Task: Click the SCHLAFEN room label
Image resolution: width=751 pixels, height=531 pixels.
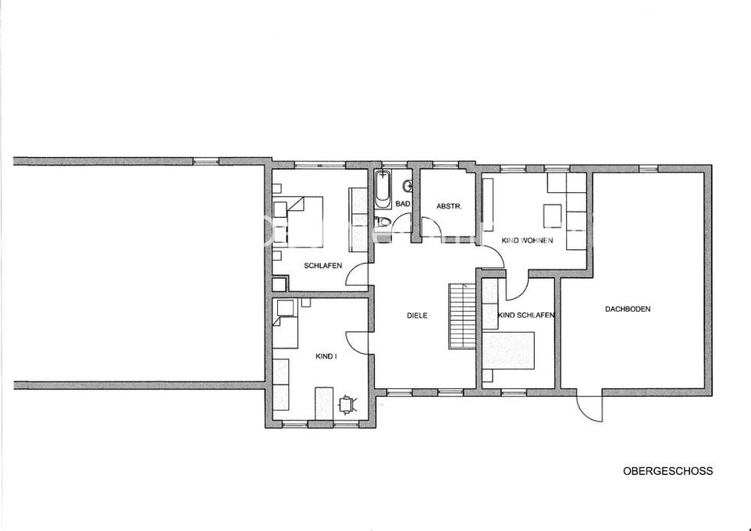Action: click(x=323, y=265)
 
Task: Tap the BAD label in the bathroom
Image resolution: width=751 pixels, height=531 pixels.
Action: click(x=403, y=204)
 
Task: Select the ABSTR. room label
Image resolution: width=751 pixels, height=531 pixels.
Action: click(x=449, y=207)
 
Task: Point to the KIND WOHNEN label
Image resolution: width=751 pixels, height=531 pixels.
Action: click(x=527, y=240)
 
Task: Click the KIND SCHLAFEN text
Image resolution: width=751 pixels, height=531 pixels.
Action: click(x=526, y=315)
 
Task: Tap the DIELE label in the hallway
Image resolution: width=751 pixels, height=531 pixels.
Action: click(x=417, y=315)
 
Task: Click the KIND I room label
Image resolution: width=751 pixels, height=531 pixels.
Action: click(x=326, y=356)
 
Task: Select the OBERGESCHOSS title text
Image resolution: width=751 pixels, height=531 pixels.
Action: click(x=667, y=471)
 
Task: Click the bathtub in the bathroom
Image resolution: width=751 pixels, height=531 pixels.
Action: click(x=383, y=188)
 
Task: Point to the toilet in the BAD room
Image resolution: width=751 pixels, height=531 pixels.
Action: click(x=383, y=221)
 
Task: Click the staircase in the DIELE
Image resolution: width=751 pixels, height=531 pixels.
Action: click(x=462, y=316)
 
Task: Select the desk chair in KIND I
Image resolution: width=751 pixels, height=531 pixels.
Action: click(x=347, y=404)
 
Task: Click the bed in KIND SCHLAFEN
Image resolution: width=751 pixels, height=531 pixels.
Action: click(x=508, y=351)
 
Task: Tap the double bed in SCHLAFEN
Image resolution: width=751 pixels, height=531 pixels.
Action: click(x=298, y=222)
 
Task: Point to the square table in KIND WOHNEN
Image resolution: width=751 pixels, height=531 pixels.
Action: click(x=552, y=216)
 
